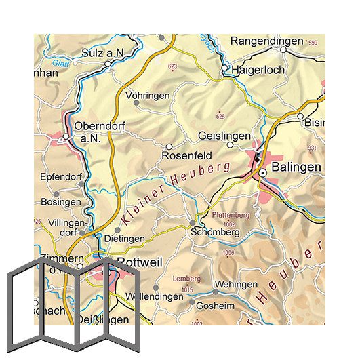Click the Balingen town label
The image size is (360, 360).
point(296,167)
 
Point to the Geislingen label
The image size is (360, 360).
point(224,136)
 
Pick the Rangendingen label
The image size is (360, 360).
point(266,41)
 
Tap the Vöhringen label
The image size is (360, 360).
point(148,96)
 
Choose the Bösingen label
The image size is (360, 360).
point(60,203)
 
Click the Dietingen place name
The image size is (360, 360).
point(124,239)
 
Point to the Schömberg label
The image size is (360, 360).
point(216,232)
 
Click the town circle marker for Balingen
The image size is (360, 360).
point(262,174)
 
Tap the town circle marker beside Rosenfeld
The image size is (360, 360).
point(169,146)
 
